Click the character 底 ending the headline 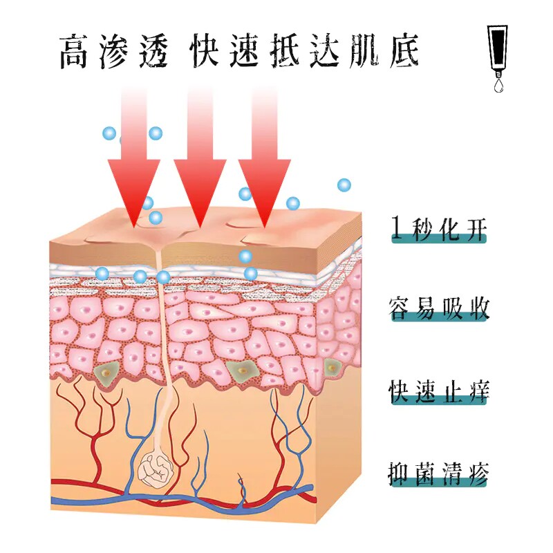402,51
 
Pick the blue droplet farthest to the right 344,185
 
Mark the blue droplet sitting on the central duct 163,277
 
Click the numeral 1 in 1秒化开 397,227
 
